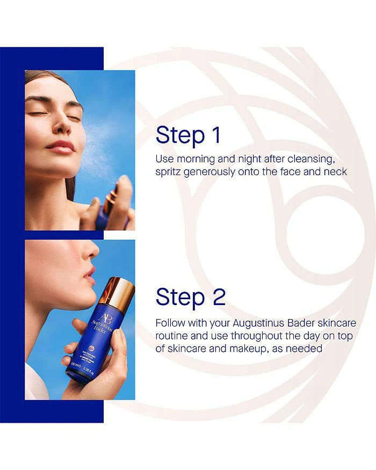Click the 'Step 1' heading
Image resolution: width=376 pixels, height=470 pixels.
click(188, 135)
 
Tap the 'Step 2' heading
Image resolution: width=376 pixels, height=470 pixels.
click(191, 298)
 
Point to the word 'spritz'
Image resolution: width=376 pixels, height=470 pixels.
click(168, 172)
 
